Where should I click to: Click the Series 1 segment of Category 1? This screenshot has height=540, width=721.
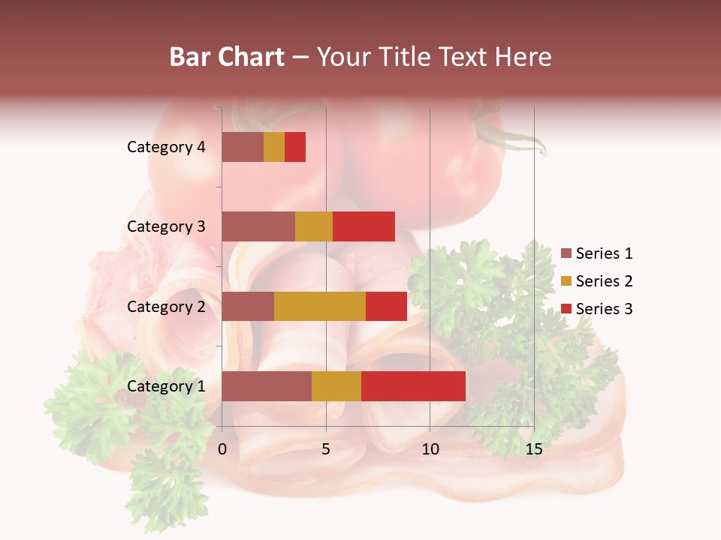[267, 386]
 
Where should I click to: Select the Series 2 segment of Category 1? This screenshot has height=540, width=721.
[336, 386]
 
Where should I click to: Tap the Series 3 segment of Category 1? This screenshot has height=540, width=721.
[413, 386]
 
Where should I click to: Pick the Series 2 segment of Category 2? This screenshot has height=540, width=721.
[320, 306]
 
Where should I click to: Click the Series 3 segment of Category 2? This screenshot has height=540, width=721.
[386, 306]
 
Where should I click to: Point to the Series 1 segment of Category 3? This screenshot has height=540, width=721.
[258, 226]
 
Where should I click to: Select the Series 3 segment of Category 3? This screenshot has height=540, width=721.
[364, 226]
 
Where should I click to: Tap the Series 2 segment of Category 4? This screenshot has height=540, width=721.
[274, 147]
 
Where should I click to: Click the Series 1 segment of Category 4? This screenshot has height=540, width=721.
[243, 147]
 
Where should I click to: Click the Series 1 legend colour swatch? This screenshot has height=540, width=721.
[566, 253]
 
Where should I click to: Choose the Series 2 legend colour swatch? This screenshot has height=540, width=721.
[566, 281]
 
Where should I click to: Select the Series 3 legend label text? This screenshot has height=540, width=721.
[604, 309]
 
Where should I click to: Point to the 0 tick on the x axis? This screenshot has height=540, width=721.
[222, 449]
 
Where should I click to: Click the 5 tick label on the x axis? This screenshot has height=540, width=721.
[326, 449]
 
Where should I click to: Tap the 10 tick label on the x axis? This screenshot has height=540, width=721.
[430, 449]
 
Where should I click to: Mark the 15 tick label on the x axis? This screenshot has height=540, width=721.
[533, 449]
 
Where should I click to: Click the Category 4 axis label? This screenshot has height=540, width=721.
[166, 147]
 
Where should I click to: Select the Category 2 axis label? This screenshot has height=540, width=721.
[166, 306]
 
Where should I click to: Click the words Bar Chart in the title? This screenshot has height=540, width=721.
[227, 57]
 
